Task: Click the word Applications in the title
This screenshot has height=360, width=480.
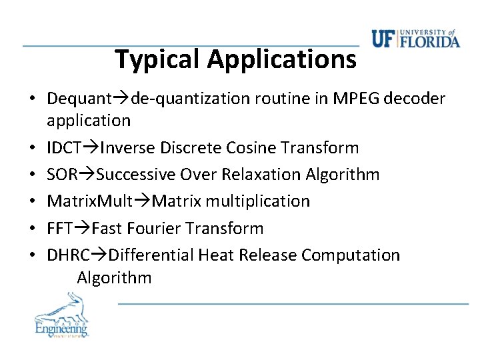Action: pos(281,59)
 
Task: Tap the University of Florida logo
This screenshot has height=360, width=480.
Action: pos(415,40)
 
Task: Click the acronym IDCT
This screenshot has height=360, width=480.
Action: pos(63,147)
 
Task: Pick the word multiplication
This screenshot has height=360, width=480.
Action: pos(258,201)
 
